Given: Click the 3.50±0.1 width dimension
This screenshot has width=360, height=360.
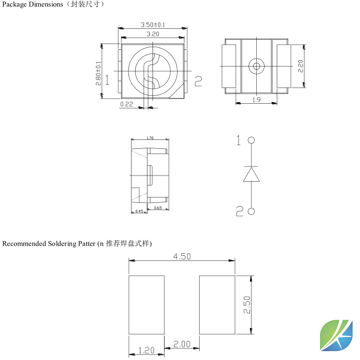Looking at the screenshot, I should [x=152, y=25].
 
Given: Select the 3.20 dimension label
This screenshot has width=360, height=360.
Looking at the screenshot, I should [x=152, y=34].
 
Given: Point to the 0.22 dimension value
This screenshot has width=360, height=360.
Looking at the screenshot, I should [x=126, y=104].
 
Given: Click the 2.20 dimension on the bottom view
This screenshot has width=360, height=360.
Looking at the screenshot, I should [x=301, y=66].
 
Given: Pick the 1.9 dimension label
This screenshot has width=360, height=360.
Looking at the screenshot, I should [x=256, y=100].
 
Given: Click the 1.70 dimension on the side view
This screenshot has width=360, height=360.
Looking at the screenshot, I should [x=149, y=138].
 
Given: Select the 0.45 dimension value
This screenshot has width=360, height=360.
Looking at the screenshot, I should [x=139, y=211].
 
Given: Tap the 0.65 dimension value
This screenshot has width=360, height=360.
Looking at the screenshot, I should [x=158, y=208].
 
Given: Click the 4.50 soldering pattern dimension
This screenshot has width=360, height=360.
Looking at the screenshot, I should [x=181, y=256].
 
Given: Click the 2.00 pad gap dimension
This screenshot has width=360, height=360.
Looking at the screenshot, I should [x=181, y=344].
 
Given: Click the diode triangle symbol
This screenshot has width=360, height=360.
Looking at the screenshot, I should [x=252, y=174].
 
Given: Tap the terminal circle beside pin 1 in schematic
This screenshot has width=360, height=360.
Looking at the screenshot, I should [x=252, y=140].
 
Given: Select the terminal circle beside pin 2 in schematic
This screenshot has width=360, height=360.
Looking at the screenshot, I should [x=252, y=211].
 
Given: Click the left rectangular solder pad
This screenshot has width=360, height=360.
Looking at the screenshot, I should [x=146, y=304].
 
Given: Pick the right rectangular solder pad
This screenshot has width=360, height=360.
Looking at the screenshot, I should [x=217, y=304].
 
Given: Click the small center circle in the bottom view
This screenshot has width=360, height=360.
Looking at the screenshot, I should [x=256, y=66].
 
